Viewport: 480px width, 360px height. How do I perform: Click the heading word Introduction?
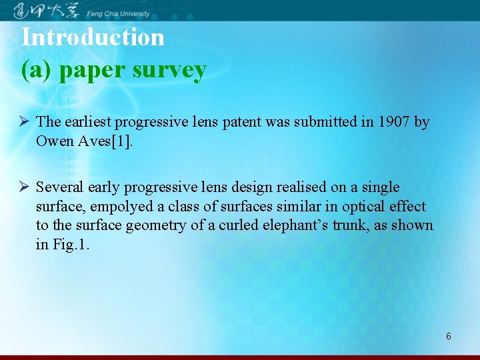(x=93, y=37)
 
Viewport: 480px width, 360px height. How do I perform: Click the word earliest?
(x=85, y=122)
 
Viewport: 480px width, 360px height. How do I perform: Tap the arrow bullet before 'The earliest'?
(x=23, y=122)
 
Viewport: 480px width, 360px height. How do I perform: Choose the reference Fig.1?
(x=71, y=245)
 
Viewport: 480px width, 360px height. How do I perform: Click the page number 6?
(x=448, y=336)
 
